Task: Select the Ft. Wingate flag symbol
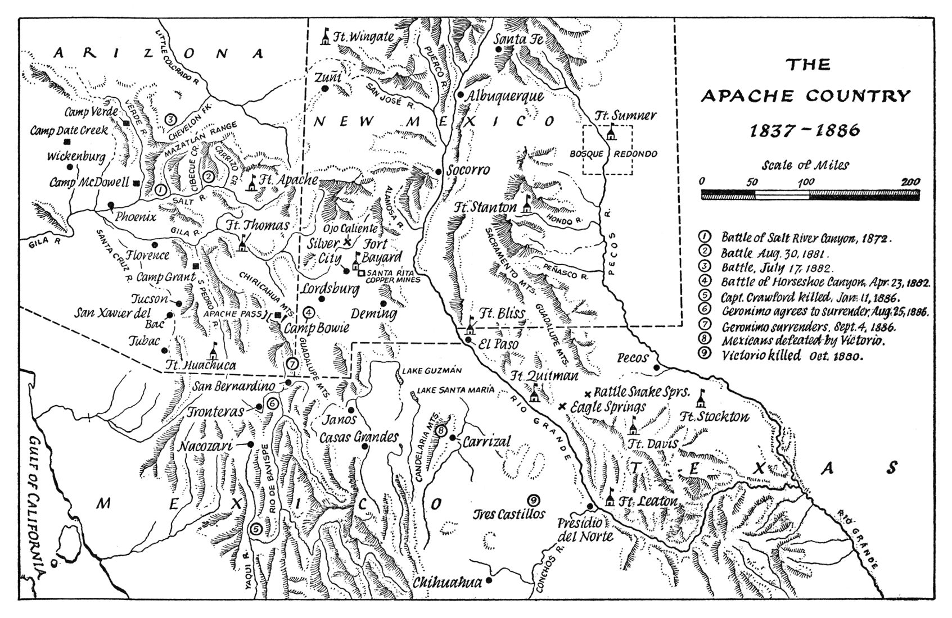pyautogui.click(x=325, y=37)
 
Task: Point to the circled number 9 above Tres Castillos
pyautogui.click(x=534, y=499)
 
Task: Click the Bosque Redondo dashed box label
pyautogui.click(x=607, y=153)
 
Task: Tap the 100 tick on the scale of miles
pyautogui.click(x=806, y=181)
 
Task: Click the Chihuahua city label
pyautogui.click(x=447, y=583)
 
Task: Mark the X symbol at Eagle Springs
pyautogui.click(x=562, y=406)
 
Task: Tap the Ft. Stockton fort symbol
pyautogui.click(x=701, y=399)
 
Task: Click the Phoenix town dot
pyautogui.click(x=111, y=205)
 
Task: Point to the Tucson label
pyautogui.click(x=150, y=299)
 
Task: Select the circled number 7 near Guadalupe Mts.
pyautogui.click(x=292, y=363)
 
